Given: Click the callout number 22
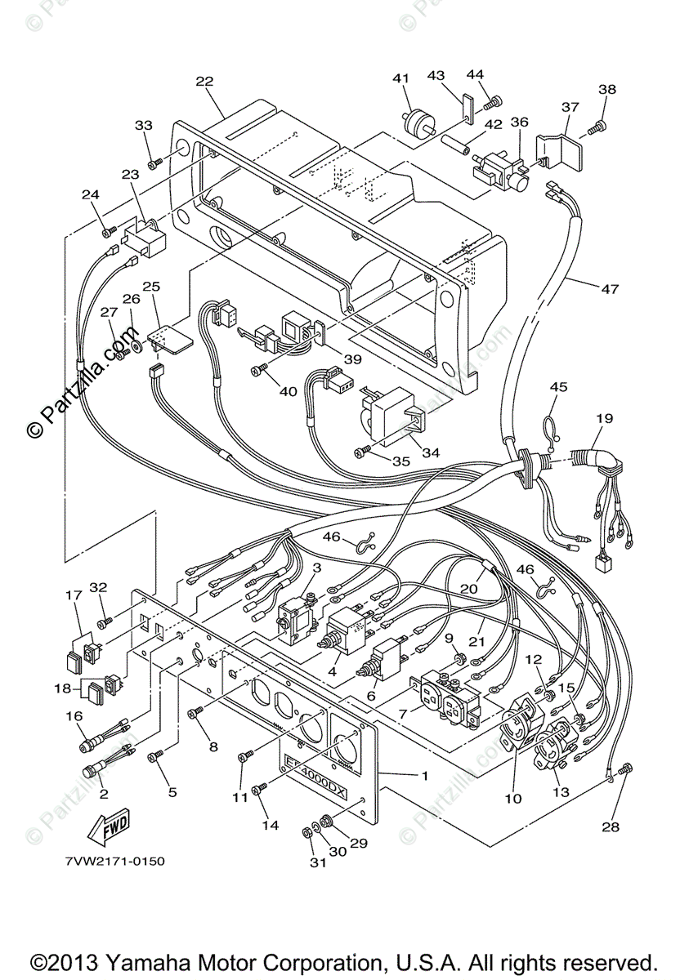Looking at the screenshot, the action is [204, 82].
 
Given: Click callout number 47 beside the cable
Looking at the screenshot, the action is [611, 289].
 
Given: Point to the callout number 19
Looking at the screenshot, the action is [604, 418].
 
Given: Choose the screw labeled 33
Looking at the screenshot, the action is [155, 164].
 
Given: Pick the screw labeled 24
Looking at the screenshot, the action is [110, 232].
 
